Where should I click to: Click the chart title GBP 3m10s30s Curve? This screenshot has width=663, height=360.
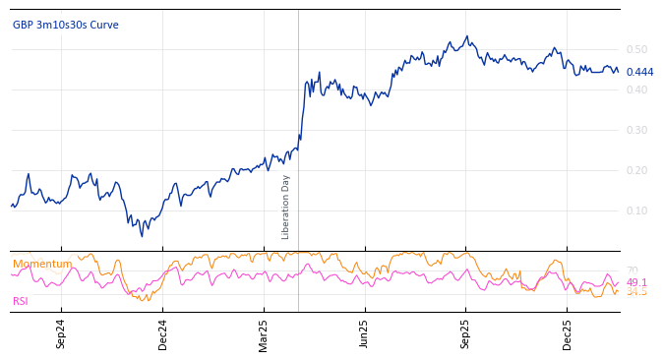(x=65, y=26)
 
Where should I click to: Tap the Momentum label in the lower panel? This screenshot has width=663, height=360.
(x=42, y=265)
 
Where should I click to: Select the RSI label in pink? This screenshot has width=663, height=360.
(x=21, y=302)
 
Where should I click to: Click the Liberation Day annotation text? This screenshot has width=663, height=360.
(x=286, y=207)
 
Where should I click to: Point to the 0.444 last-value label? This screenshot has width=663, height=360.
(x=639, y=73)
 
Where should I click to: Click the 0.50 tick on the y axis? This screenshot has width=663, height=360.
(x=636, y=49)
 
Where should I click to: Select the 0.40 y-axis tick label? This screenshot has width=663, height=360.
(x=636, y=90)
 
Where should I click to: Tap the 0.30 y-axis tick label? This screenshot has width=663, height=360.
(x=636, y=130)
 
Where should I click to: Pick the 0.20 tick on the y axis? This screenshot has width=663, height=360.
(x=636, y=170)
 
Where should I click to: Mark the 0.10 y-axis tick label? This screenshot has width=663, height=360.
(x=636, y=210)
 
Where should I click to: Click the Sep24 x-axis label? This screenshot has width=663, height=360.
(x=61, y=333)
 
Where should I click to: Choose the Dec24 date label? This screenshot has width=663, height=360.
(x=162, y=333)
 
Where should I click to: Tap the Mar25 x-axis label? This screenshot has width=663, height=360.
(x=264, y=333)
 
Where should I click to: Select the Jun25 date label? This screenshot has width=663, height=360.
(x=365, y=333)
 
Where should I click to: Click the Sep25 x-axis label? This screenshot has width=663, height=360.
(x=465, y=333)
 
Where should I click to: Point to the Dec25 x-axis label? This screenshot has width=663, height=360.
(x=567, y=333)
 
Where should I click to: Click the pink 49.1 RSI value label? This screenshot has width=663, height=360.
(x=636, y=282)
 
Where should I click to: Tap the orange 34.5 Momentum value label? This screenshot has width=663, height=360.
(x=636, y=292)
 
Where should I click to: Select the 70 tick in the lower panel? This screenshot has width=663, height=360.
(x=632, y=270)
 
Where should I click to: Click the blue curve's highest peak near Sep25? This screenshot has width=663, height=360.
(x=467, y=36)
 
